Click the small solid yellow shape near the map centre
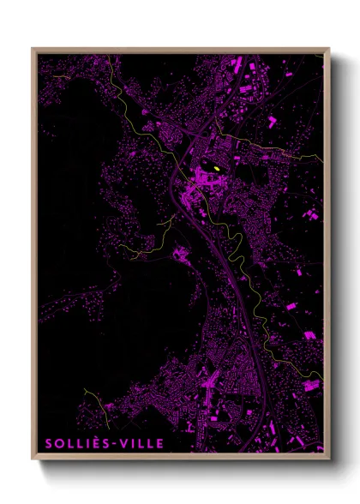(x=219, y=169)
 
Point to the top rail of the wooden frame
(x=180, y=50)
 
